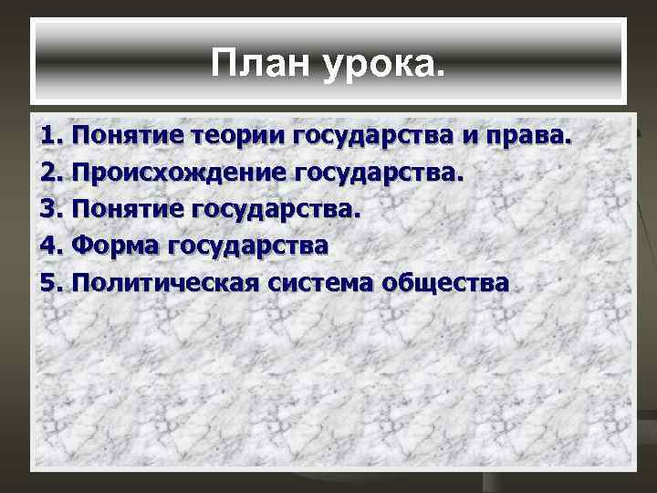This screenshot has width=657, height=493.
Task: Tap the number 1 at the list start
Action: click(x=50, y=137)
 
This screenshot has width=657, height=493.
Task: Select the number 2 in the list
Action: click(x=50, y=173)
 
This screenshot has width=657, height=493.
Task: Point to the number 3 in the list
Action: click(x=50, y=210)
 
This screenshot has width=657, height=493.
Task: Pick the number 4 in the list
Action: click(x=50, y=246)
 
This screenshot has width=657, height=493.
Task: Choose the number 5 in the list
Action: click(x=50, y=283)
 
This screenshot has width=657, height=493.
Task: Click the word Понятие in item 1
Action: click(x=129, y=138)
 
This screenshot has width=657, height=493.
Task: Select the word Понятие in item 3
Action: click(x=129, y=211)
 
